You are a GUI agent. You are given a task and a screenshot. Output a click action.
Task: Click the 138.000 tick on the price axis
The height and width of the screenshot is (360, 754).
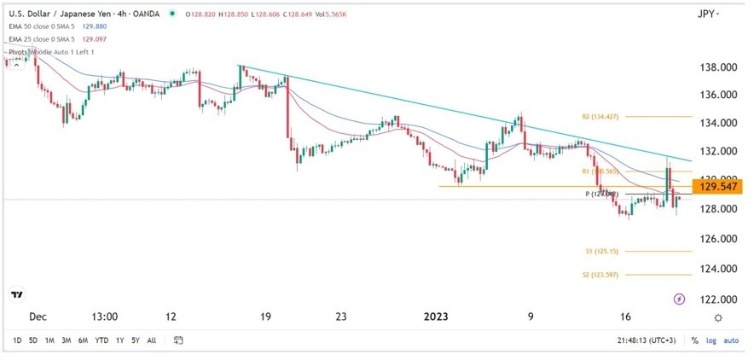[716, 67]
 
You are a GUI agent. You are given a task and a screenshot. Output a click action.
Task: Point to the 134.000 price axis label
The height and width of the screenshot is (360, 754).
[716, 123]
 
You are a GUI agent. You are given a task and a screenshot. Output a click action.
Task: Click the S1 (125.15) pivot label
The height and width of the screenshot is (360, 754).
[602, 252]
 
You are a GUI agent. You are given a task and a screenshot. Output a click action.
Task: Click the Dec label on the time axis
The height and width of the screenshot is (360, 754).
[38, 316]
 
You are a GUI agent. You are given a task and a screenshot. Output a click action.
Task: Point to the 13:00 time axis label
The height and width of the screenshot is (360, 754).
[104, 316]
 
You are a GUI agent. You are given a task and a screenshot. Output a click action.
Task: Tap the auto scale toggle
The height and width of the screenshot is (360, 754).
[731, 340]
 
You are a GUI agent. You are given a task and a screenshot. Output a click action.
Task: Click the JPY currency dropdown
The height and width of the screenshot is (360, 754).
[708, 15]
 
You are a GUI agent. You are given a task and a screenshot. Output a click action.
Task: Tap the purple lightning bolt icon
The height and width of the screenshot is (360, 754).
[679, 299]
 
